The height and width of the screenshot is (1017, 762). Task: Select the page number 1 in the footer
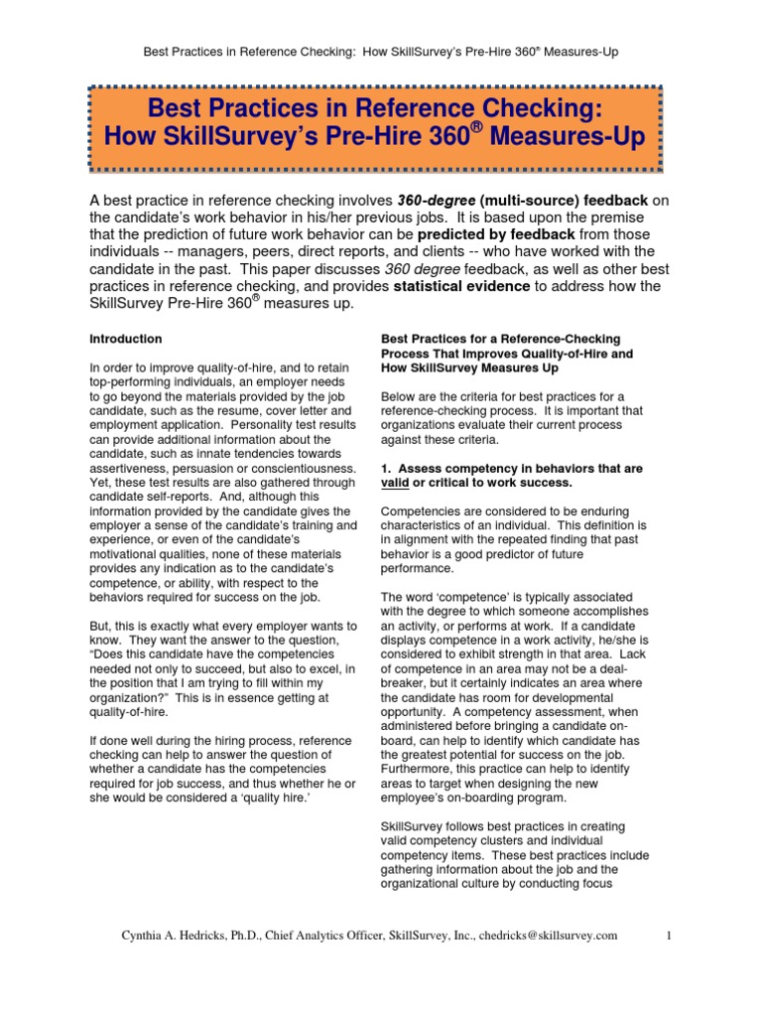pyautogui.click(x=670, y=936)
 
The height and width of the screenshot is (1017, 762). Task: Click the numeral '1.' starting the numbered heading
pyautogui.click(x=388, y=468)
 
